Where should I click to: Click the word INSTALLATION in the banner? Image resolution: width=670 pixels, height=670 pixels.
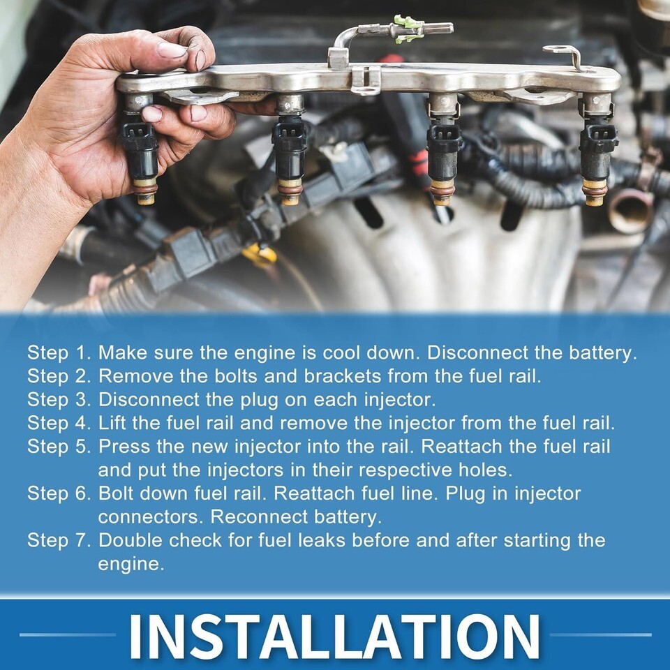[x=334, y=636]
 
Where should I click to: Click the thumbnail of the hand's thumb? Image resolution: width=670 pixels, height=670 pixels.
[x=172, y=50]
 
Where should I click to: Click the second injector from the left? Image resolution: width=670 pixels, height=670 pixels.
[x=290, y=149]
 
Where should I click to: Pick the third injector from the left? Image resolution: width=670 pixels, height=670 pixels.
[x=443, y=149]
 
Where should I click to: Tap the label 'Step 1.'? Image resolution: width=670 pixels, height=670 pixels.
[x=59, y=353]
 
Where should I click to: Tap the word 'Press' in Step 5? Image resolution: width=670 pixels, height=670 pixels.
[x=124, y=447]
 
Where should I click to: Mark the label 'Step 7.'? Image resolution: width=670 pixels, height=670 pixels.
[x=59, y=540]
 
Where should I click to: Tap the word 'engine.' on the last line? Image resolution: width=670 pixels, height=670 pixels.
[x=131, y=565]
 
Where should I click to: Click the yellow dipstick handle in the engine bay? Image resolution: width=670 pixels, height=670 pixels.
[x=260, y=255]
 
